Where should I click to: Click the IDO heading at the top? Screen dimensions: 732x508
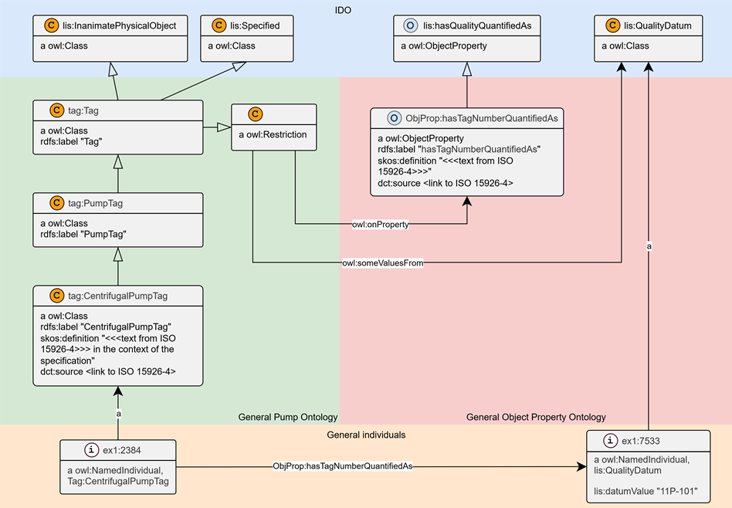point(343,10)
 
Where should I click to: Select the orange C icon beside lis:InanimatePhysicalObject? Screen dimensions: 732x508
point(52,25)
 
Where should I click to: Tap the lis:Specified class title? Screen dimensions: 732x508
point(255,25)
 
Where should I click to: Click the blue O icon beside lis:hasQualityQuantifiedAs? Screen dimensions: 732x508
point(410,25)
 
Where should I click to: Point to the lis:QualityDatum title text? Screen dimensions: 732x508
point(658,25)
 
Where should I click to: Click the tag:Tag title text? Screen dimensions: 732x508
point(83,110)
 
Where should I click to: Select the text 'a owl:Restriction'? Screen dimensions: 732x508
point(273,134)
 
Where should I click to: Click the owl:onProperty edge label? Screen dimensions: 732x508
point(381,225)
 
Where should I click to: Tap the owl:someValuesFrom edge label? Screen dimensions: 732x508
point(383,262)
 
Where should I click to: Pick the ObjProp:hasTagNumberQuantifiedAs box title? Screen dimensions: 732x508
point(482,118)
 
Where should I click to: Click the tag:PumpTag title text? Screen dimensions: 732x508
point(95,203)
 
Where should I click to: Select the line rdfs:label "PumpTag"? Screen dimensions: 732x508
point(83,235)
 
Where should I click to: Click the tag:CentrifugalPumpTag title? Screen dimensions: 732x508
point(117,296)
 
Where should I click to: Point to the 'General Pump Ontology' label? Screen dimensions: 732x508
point(288,417)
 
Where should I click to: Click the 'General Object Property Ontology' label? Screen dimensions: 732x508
point(536,417)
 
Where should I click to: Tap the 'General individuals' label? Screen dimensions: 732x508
point(366,435)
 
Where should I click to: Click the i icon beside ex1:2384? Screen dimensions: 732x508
point(91,449)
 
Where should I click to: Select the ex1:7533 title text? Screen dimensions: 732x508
point(641,441)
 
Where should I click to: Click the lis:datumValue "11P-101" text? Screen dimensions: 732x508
point(646,491)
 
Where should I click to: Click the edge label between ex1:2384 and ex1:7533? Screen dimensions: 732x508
point(343,466)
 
